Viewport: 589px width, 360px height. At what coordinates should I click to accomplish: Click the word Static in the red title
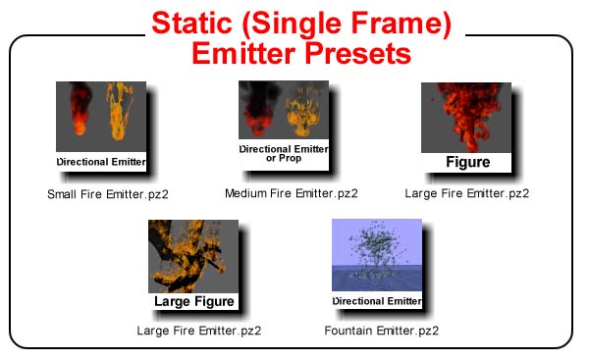coord(191,24)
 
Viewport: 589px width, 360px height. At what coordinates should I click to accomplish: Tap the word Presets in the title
coord(358,53)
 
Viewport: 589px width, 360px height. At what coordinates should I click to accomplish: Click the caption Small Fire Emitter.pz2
coord(108,194)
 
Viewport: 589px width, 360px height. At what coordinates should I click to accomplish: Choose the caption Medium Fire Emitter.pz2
coord(292,193)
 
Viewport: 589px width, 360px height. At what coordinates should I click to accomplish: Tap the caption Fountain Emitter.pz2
coord(381,331)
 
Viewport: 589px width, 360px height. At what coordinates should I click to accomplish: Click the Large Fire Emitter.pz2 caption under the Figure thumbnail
coord(467,193)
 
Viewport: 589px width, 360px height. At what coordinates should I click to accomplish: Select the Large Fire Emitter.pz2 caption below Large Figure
coord(198,331)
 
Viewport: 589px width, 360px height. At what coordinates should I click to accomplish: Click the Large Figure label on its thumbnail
coord(193,301)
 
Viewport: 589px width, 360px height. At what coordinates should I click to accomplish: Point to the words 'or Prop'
coord(284,158)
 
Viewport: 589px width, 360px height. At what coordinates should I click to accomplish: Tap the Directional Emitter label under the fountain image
coord(377,301)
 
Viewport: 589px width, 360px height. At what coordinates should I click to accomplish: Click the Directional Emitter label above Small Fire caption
coord(101,162)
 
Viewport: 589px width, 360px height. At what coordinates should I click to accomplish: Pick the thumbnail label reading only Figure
coord(467,162)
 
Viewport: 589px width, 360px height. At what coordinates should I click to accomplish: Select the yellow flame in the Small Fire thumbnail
coord(119,112)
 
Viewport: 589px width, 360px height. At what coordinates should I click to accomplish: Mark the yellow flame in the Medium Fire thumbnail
coord(302,112)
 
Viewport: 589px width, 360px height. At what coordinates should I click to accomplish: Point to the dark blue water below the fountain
coord(377,279)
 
